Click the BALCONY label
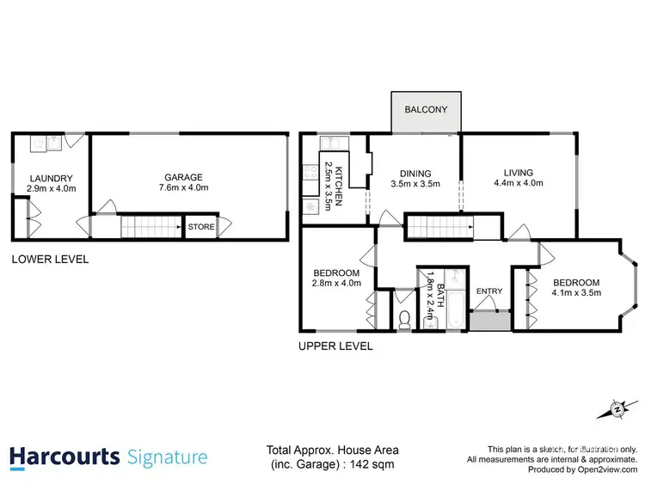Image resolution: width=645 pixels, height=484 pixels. (427, 109)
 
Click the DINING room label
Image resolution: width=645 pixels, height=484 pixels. (415, 173)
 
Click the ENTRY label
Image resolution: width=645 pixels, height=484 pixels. (489, 291)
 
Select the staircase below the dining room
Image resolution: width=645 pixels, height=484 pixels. (429, 227)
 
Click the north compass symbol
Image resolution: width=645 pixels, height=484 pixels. (616, 410)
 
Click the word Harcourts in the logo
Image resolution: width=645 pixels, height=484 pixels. (64, 456)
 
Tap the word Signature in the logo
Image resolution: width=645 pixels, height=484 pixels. (168, 456)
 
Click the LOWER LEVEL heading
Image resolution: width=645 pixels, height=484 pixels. (50, 259)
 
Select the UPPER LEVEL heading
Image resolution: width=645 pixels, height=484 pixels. (335, 346)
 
